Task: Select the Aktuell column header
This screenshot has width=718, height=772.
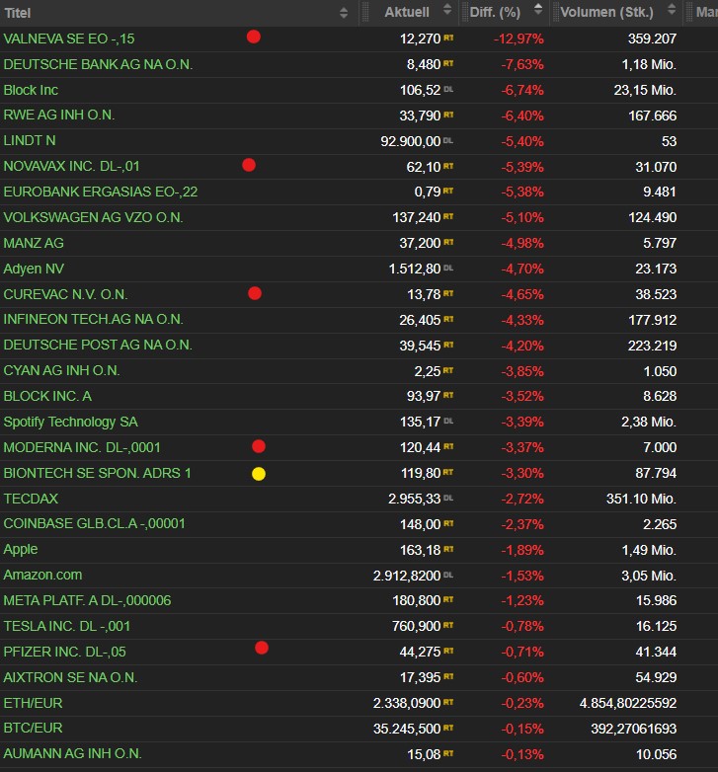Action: (x=407, y=13)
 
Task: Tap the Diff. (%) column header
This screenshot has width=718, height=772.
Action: (x=495, y=13)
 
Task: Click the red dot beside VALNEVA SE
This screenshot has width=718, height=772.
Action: (x=254, y=37)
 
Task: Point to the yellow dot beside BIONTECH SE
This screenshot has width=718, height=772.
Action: (x=259, y=474)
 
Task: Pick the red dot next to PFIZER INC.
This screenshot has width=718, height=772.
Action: (x=262, y=648)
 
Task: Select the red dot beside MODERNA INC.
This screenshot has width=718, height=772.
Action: (x=259, y=446)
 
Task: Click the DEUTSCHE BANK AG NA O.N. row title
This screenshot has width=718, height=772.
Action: (x=98, y=64)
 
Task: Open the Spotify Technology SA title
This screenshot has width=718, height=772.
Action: (x=71, y=423)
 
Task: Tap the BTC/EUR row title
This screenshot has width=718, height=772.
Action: (x=33, y=729)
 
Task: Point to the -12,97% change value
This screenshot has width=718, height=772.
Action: (x=519, y=39)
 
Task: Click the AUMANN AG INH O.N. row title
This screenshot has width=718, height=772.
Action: (x=72, y=754)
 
